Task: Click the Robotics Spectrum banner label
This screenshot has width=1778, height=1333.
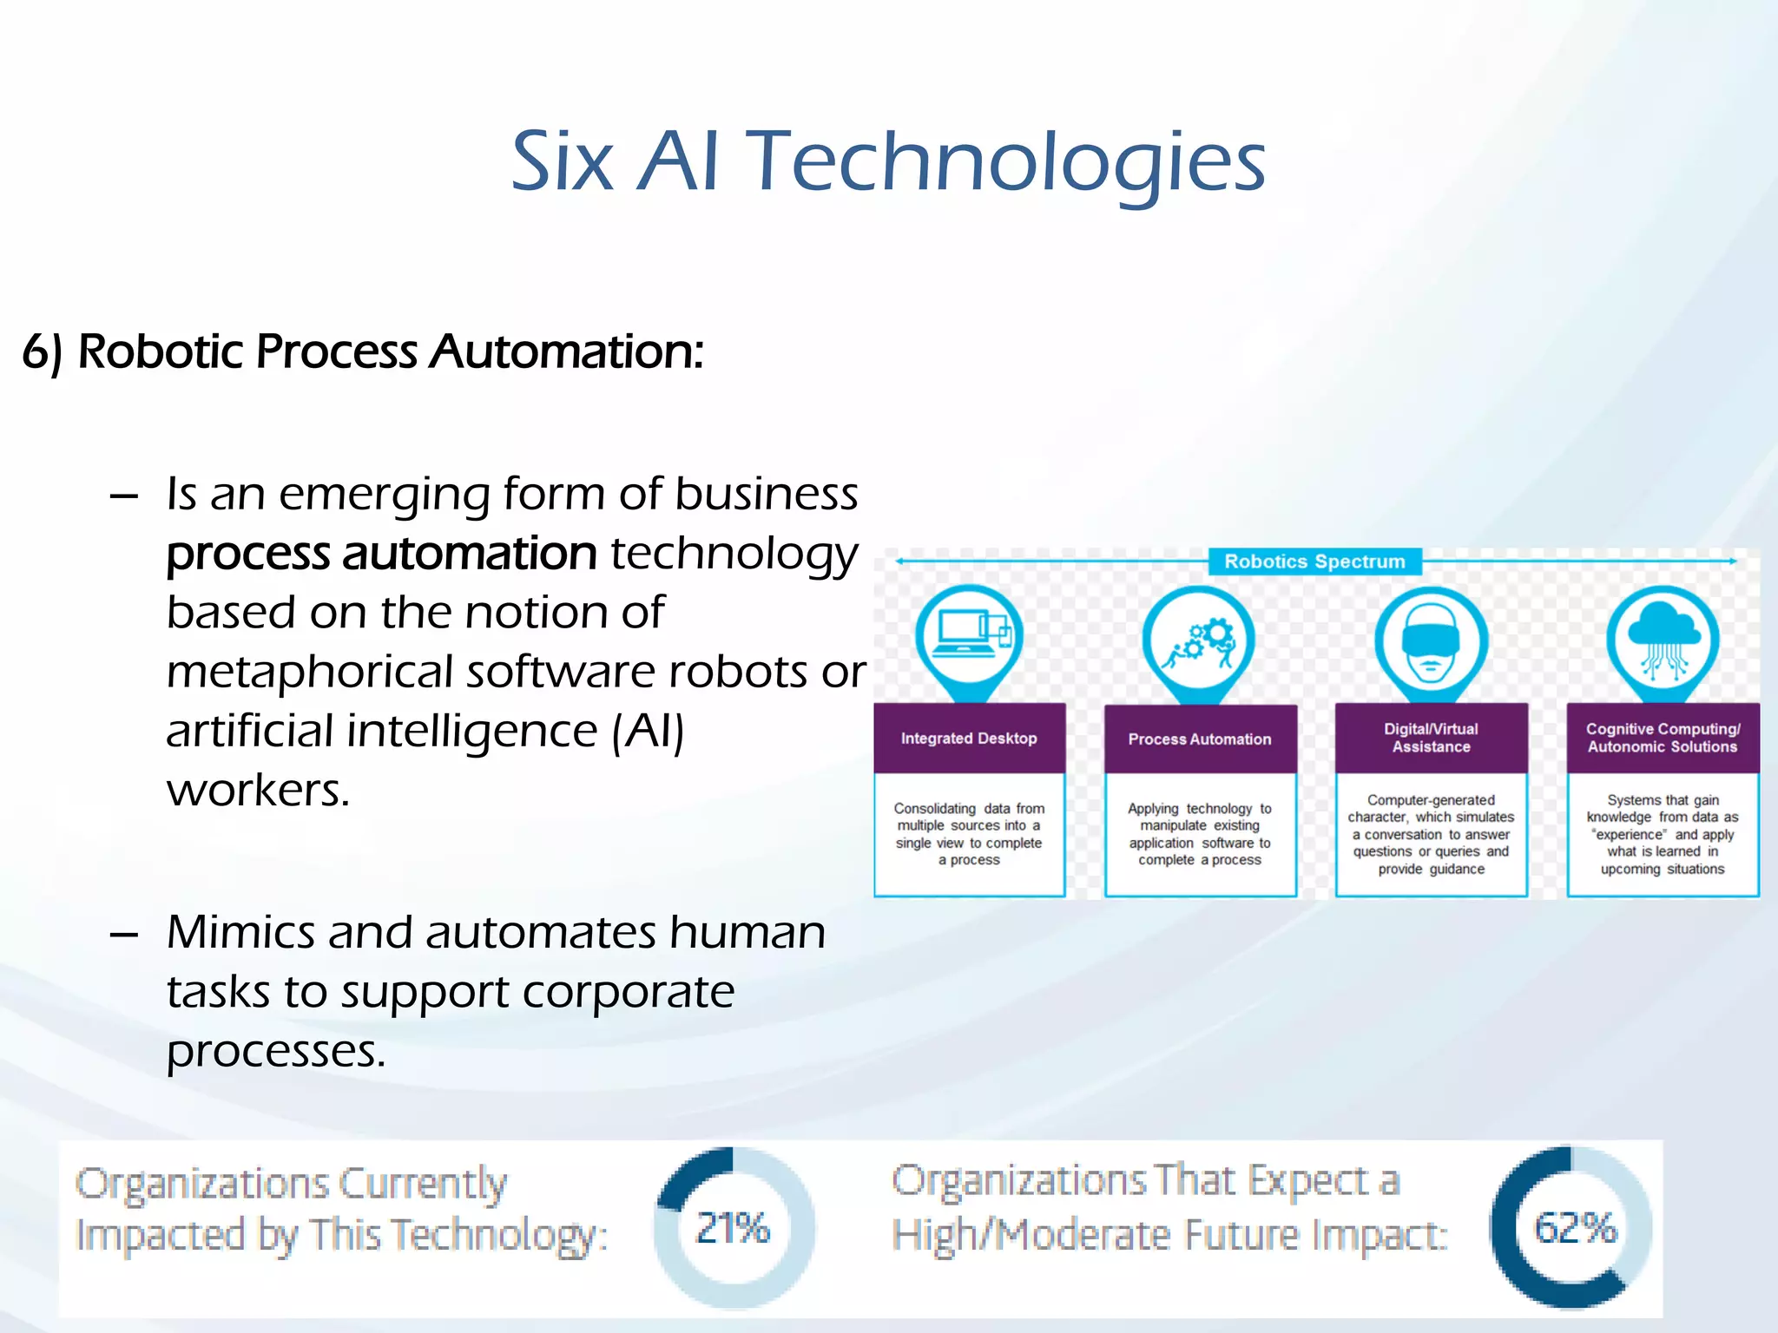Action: [1314, 561]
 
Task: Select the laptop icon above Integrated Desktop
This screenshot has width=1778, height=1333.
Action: [968, 638]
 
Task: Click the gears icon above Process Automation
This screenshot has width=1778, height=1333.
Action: [1199, 642]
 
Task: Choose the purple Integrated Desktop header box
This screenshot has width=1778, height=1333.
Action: [969, 739]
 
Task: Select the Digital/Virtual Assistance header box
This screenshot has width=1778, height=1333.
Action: [1431, 738]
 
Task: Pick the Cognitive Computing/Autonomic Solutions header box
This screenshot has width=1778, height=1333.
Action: [1663, 738]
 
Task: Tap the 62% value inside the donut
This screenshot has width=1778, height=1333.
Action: [1575, 1228]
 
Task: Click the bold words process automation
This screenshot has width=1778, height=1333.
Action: [381, 554]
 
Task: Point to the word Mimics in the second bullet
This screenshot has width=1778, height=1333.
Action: [240, 932]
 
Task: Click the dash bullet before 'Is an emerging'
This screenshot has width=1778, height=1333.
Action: [124, 496]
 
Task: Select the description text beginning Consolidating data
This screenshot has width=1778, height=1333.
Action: [969, 834]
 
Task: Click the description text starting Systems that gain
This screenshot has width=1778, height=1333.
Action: [1663, 834]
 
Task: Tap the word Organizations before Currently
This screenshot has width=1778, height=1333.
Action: [201, 1184]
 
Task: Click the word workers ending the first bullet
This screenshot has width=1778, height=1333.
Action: [258, 790]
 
